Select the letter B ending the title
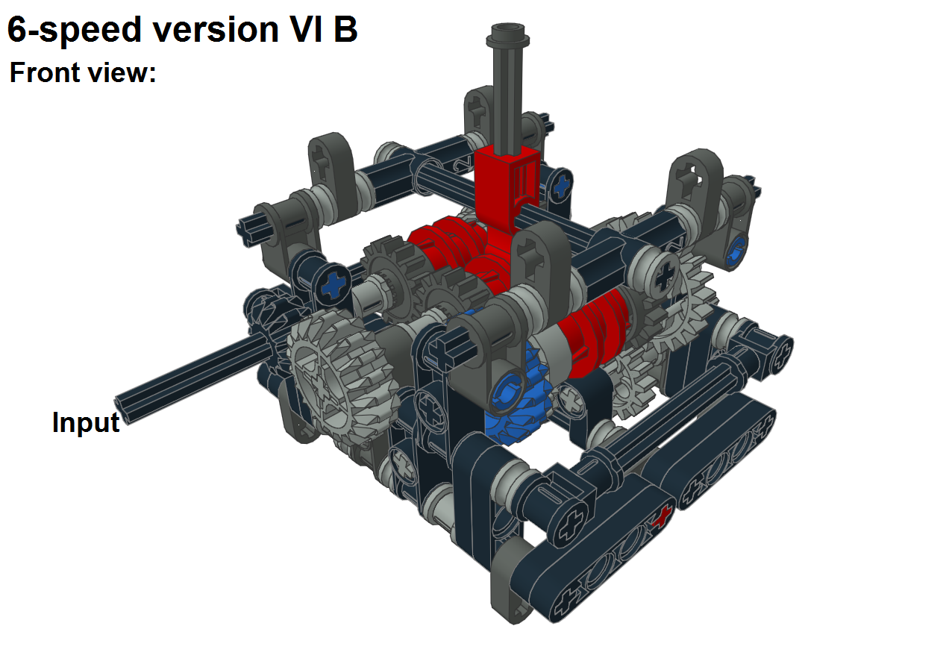[x=345, y=30]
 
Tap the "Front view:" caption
[x=82, y=73]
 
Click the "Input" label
[x=86, y=422]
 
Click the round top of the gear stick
[x=509, y=34]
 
